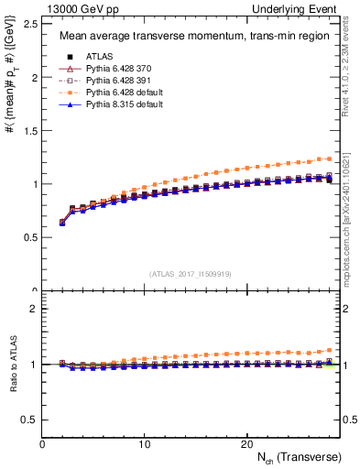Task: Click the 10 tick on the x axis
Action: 144,443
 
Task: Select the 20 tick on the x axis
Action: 245,443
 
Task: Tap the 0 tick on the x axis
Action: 42,443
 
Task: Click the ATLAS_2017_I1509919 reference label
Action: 191,273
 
